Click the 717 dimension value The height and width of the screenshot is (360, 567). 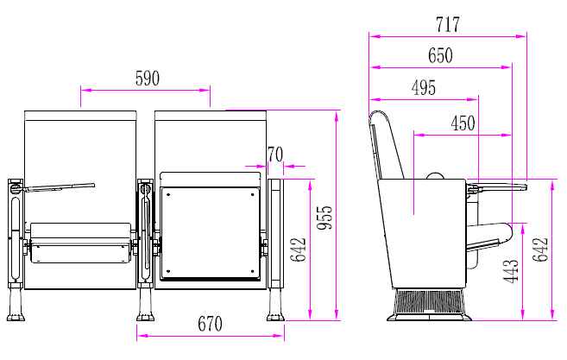pos(448,24)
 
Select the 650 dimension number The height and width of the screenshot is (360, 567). pos(440,55)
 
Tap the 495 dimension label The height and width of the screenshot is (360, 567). pos(424,87)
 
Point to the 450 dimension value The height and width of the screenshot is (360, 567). pos(463,123)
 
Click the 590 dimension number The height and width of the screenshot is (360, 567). pos(148,79)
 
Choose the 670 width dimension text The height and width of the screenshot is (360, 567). pos(210,324)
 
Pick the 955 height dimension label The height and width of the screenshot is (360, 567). pos(324,218)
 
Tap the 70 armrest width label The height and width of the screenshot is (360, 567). pos(275,155)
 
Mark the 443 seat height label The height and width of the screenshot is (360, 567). pos(511,270)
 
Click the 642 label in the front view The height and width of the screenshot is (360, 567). pos(299,249)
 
